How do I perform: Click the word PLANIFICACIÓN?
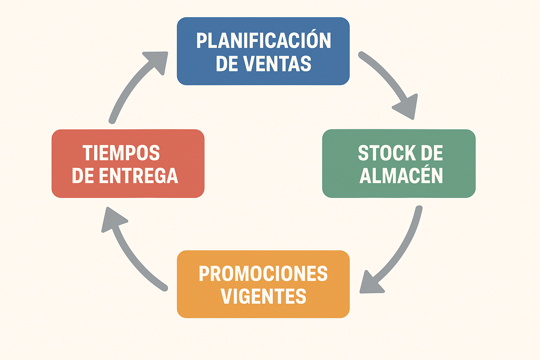point(263,41)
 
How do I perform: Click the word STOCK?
point(383,153)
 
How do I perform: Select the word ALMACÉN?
point(401,176)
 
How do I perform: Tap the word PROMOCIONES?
point(263,274)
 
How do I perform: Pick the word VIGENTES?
point(263,296)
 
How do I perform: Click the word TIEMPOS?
point(121,153)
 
